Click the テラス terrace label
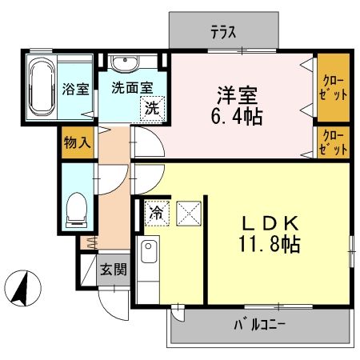[x=225, y=33]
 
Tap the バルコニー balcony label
[x=259, y=326]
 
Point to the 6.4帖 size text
[x=237, y=116]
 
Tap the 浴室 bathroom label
[x=75, y=89]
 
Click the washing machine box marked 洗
[x=150, y=110]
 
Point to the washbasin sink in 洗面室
[x=125, y=64]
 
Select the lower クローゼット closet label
[x=332, y=142]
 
